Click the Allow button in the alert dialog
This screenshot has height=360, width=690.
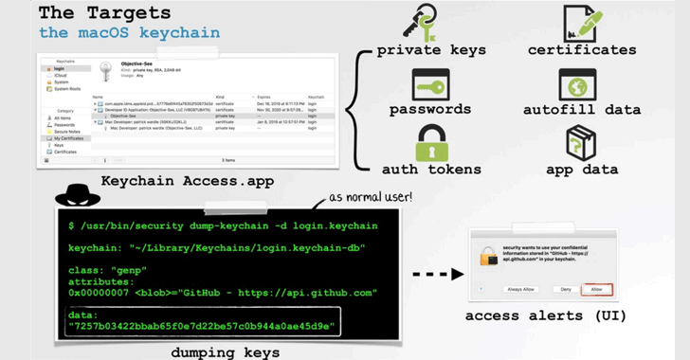(597, 290)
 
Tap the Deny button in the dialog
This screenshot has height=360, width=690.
(566, 290)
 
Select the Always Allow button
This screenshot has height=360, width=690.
(522, 290)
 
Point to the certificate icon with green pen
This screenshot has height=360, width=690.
(581, 23)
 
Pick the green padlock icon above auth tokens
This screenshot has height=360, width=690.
(431, 144)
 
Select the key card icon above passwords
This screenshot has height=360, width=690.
(430, 85)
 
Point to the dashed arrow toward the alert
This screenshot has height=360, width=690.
(439, 275)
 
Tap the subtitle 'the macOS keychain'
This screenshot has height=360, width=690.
(129, 33)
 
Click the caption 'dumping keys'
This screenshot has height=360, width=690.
(225, 351)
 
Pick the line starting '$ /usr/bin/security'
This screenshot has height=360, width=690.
(223, 226)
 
